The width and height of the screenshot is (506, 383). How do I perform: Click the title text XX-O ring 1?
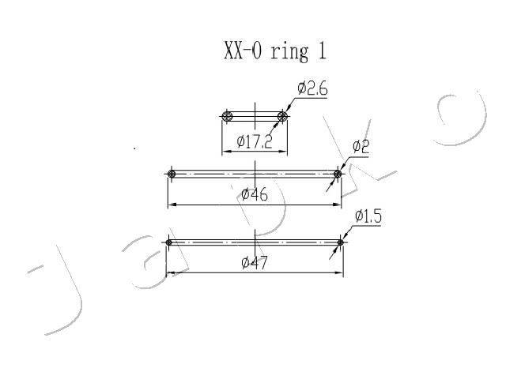coord(275,51)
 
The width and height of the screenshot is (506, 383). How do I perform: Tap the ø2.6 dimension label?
coord(312,88)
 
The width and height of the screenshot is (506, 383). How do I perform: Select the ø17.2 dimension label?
coord(255,141)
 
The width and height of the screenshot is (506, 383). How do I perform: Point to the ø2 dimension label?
coord(361,147)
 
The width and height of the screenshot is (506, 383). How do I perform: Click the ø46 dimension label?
coord(255,194)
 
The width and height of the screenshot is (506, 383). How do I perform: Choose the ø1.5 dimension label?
coord(368,216)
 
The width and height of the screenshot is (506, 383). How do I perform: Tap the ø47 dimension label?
coord(255,263)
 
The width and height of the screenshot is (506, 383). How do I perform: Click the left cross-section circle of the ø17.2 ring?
coord(227,116)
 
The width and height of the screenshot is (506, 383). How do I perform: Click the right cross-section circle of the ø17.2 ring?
coord(282,116)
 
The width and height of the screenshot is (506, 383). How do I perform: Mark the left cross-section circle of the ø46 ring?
coord(172,174)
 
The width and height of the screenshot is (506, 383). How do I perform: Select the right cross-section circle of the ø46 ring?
coord(338,174)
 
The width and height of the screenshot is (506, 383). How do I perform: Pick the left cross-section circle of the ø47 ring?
coord(168,242)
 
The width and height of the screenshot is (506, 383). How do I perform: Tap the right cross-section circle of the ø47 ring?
coord(340,242)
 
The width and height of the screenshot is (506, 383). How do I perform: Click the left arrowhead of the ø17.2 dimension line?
coord(226,151)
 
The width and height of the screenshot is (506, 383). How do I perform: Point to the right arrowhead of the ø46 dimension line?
coord(338,205)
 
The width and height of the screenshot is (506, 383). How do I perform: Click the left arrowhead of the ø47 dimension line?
coord(170,272)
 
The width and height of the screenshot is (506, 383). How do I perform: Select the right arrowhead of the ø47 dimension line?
coord(339,272)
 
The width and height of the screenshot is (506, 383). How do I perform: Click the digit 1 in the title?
coord(322,51)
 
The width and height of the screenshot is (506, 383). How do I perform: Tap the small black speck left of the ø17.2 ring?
coord(134,148)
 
